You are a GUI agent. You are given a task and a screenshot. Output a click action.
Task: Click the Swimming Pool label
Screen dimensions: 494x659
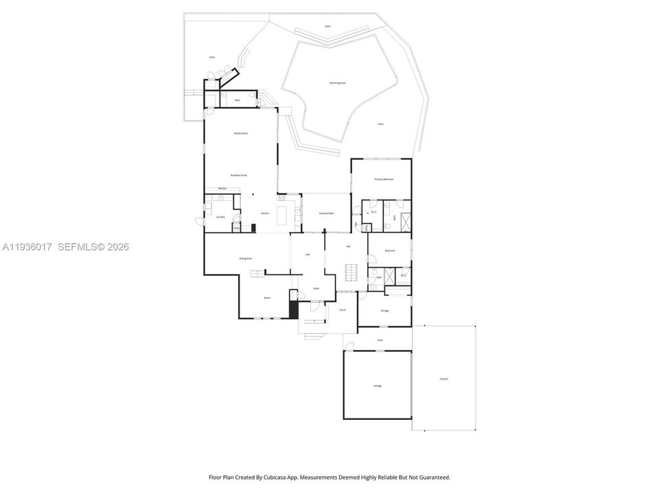click(x=337, y=82)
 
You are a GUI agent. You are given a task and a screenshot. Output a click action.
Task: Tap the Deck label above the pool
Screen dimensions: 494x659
click(x=327, y=26)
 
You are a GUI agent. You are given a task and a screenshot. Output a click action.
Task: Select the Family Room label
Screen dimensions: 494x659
click(x=240, y=133)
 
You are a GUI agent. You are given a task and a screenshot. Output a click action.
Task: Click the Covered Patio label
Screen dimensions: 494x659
click(x=326, y=213)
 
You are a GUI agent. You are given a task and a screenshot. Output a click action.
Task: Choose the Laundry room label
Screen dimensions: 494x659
click(x=220, y=217)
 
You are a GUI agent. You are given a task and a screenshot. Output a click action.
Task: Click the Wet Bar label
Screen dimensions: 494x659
click(x=222, y=188)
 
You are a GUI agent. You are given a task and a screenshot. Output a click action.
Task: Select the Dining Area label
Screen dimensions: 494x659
click(x=246, y=258)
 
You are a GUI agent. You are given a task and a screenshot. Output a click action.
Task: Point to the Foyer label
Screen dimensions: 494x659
click(x=316, y=288)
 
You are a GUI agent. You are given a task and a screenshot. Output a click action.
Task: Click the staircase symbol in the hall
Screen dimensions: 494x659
click(x=351, y=272)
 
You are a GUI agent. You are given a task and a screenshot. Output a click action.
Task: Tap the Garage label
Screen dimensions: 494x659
click(x=378, y=386)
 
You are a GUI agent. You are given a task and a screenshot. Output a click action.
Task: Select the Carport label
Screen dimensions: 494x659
click(x=443, y=379)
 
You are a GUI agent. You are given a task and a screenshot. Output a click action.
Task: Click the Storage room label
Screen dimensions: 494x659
click(x=384, y=311)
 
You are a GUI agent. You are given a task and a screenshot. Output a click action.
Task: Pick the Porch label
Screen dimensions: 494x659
click(x=343, y=310)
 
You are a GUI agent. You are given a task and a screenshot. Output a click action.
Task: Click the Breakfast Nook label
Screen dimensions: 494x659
click(x=239, y=175)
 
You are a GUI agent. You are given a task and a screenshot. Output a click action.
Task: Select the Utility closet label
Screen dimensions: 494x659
click(x=236, y=228)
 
